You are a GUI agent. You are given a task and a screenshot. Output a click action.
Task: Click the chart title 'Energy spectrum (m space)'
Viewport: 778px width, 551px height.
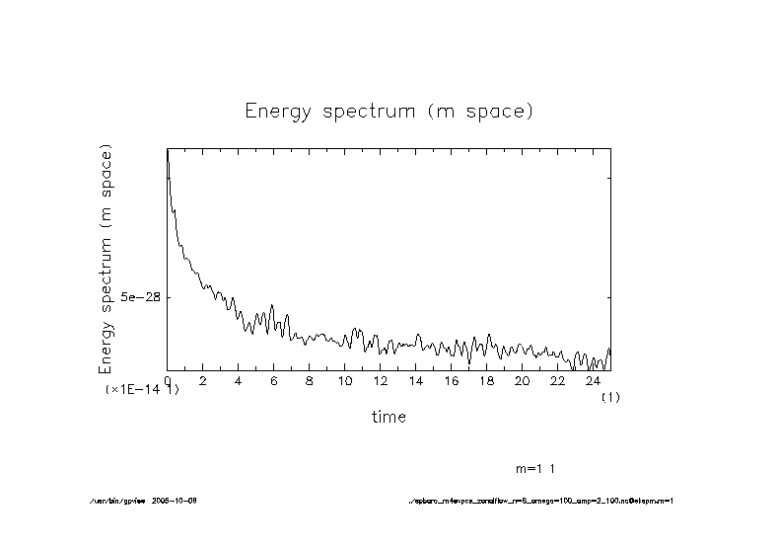389,112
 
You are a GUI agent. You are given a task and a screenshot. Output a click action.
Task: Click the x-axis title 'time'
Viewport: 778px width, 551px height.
389,417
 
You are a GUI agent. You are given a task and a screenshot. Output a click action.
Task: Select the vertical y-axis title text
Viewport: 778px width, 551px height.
106,259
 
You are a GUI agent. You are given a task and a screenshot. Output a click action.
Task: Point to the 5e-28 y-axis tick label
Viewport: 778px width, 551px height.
140,297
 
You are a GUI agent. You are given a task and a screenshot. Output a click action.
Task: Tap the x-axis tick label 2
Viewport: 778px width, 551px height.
203,381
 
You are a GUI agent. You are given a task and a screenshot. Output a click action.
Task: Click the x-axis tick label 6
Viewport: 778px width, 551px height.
274,381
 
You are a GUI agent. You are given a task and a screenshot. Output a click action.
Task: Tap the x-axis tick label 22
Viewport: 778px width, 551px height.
558,381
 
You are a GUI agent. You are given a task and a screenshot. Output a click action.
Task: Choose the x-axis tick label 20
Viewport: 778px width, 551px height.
523,381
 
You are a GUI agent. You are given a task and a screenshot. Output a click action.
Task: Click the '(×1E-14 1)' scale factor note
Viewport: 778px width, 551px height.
142,390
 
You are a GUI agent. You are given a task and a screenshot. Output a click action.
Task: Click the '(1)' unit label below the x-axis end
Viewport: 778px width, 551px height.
610,397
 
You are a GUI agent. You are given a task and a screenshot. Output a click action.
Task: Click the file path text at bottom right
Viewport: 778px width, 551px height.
541,501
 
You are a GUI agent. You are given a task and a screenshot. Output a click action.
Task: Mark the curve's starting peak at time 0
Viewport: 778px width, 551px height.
168,150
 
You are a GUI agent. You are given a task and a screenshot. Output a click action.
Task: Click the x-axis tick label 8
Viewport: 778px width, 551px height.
310,381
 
